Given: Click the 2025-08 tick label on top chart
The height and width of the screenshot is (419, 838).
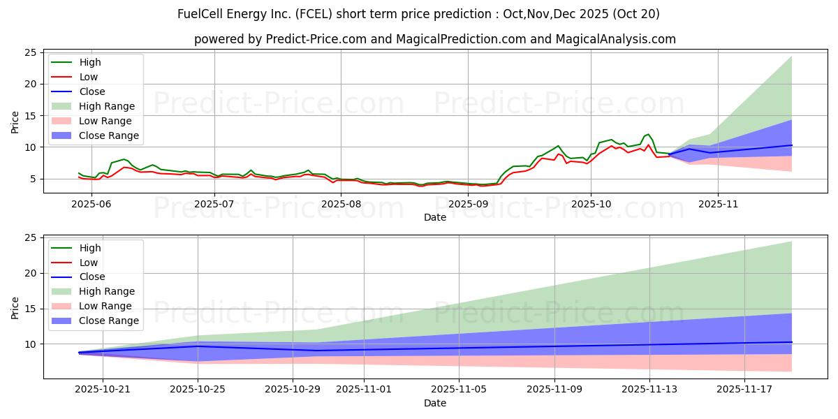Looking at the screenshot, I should point(340,203).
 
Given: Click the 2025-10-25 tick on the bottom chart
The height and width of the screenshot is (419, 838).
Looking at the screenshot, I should point(198,389).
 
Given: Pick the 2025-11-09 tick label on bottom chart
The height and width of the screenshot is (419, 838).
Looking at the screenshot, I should point(554,389).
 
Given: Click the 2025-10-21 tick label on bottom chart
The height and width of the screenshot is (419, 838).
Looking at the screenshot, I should point(102,389).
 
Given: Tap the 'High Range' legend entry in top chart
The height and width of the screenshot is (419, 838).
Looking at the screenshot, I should point(107,106).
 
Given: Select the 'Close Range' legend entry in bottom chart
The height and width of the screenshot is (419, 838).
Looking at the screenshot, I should point(108,321).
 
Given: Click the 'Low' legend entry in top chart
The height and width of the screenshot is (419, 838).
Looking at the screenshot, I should point(89,77).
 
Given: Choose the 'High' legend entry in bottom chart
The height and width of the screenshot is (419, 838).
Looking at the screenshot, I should point(89,248).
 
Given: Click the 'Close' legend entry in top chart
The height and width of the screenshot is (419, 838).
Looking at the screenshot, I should point(92,91).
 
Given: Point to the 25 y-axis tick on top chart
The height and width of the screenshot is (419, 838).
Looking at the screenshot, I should point(31,52).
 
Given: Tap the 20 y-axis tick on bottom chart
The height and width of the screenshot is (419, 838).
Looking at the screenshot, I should point(31,273).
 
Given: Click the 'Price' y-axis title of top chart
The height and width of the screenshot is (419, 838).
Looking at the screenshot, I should point(15,121).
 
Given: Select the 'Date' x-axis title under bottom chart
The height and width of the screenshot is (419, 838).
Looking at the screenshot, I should point(434,403).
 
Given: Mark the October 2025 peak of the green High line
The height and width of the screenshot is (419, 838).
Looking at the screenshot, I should point(648,134).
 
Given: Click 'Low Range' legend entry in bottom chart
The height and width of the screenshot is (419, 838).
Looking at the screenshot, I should point(105,306).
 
